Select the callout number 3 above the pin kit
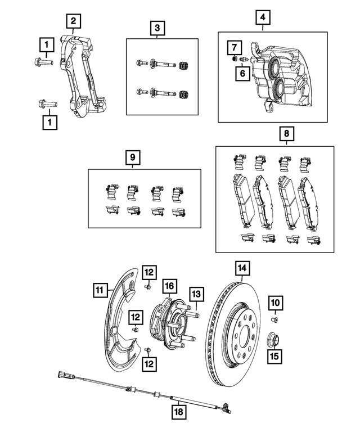click(x=157, y=27)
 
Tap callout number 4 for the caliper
click(x=261, y=17)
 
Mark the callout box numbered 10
click(x=275, y=303)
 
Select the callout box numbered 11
click(x=100, y=290)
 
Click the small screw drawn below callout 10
click(x=275, y=319)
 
